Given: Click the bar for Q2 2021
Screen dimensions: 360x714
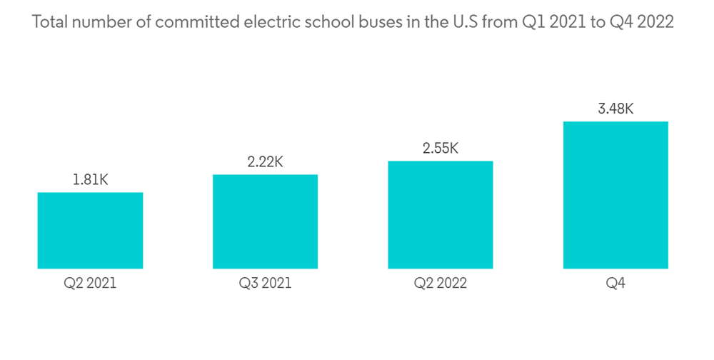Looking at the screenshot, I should click(90, 230).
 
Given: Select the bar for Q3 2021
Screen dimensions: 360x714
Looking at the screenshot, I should click(265, 221).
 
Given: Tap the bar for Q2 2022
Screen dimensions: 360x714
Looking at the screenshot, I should click(441, 214).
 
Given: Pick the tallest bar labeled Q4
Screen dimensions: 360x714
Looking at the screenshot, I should click(615, 195).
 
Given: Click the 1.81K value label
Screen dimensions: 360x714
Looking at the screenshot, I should click(90, 180).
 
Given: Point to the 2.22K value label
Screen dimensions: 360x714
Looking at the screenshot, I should click(265, 162).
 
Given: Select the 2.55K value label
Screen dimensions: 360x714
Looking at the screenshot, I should click(441, 149).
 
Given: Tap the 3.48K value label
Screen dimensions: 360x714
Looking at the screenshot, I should click(615, 109).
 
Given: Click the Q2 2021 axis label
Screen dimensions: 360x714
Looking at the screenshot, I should click(90, 284).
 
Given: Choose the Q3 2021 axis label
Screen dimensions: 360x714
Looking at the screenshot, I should click(265, 284).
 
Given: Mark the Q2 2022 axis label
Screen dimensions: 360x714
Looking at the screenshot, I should click(441, 284).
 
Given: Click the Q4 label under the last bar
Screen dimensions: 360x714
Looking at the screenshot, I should click(615, 284).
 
